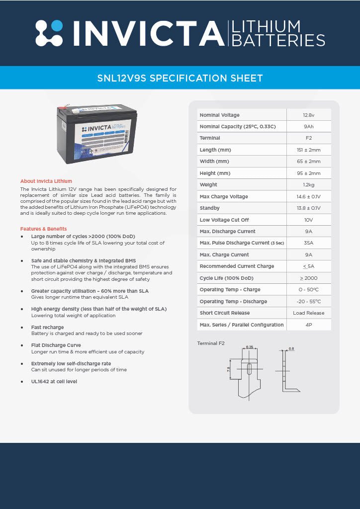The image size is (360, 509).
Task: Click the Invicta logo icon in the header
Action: click(49, 33)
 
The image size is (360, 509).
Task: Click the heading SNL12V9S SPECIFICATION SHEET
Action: click(180, 78)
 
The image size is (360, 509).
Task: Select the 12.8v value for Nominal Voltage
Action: click(308, 115)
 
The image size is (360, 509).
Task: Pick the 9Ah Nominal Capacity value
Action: click(308, 127)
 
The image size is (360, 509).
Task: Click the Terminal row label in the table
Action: click(210, 138)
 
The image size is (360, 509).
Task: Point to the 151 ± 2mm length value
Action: click(308, 150)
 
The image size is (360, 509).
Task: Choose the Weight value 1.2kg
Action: click(308, 185)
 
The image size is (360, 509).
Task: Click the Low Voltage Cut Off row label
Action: click(224, 220)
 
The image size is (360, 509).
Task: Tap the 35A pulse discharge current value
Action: click(308, 243)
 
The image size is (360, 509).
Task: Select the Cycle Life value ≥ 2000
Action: click(308, 278)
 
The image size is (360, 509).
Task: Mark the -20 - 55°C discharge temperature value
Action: click(308, 301)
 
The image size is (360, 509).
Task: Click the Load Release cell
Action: click(308, 313)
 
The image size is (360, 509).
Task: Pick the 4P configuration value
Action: click(308, 325)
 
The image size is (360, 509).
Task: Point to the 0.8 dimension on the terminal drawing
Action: click(291, 349)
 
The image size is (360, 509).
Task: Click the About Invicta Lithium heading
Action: click(46, 181)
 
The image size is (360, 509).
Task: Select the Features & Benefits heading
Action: click(44, 229)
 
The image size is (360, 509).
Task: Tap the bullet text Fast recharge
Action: click(48, 327)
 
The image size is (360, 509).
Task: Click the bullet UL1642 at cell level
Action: click(54, 381)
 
